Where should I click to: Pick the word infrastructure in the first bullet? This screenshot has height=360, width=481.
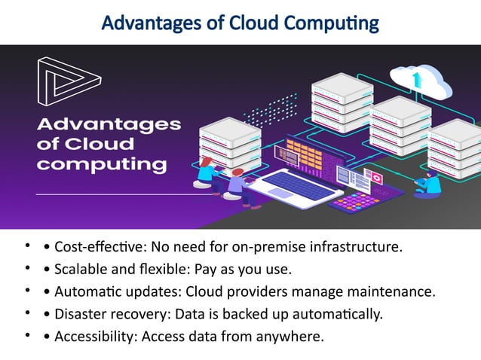pos(357,247)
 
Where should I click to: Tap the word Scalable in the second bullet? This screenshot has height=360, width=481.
pos(81,269)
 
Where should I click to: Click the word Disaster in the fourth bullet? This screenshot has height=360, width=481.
pos(80,314)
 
